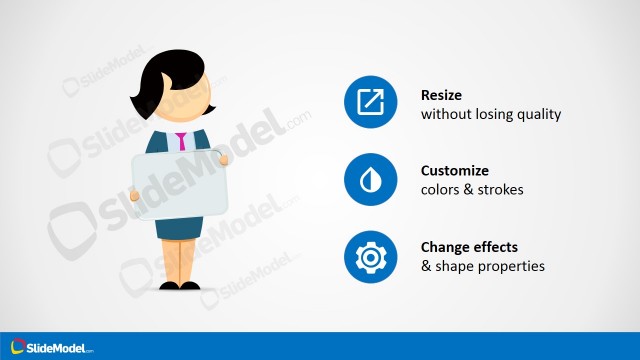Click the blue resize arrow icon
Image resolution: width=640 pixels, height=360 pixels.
click(370, 103)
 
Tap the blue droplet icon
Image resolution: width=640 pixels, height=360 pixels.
click(370, 180)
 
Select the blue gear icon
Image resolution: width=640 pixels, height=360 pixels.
click(370, 256)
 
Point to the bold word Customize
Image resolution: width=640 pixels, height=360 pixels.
click(455, 171)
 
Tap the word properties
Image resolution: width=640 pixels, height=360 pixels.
click(510, 266)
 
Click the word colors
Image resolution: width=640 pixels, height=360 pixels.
click(443, 190)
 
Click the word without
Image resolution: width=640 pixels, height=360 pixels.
click(444, 114)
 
